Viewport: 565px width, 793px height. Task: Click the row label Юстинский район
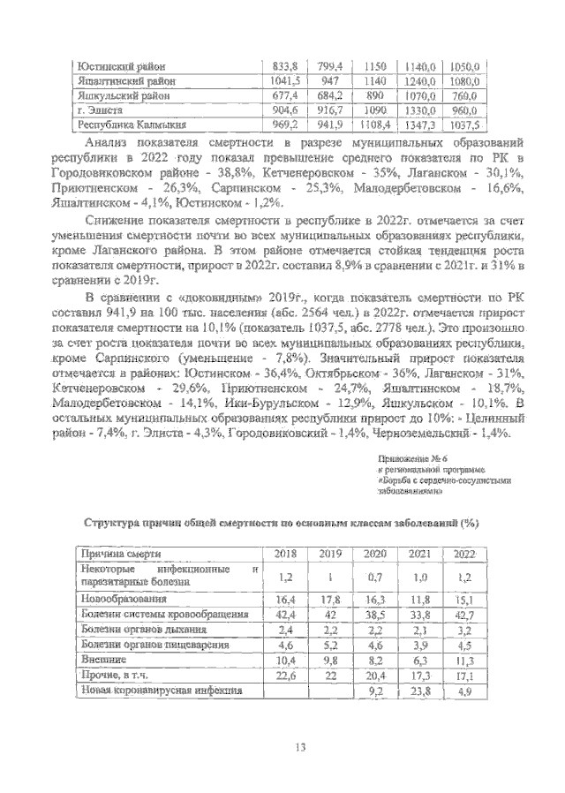121,66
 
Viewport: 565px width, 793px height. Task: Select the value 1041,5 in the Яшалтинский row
285,81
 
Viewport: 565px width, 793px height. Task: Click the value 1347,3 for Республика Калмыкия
420,125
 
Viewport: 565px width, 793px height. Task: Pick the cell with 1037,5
463,125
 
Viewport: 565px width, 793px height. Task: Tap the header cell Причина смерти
120,553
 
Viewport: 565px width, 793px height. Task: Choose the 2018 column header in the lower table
284,553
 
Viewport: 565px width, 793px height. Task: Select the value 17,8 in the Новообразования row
329,599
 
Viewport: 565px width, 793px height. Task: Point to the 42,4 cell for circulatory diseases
284,615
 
